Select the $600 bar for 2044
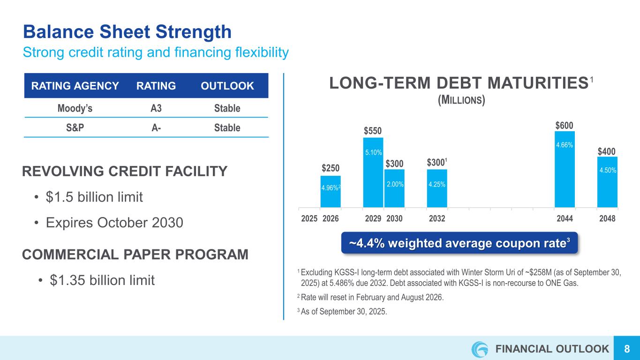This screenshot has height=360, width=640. click(x=565, y=169)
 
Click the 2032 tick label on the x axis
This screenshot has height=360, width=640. click(x=437, y=218)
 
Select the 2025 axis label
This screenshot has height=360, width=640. click(x=309, y=218)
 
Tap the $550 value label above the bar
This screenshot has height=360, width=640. click(x=373, y=131)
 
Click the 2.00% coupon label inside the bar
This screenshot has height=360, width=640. click(x=394, y=185)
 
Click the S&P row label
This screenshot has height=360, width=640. click(x=75, y=127)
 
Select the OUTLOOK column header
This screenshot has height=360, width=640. click(x=227, y=86)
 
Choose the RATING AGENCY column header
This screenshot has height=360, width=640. click(x=75, y=86)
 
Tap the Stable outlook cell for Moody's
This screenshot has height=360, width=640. click(x=227, y=108)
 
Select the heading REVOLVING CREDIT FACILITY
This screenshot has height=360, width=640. click(x=125, y=172)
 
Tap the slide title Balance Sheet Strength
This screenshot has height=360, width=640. click(x=127, y=32)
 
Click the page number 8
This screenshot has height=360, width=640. click(x=626, y=349)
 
